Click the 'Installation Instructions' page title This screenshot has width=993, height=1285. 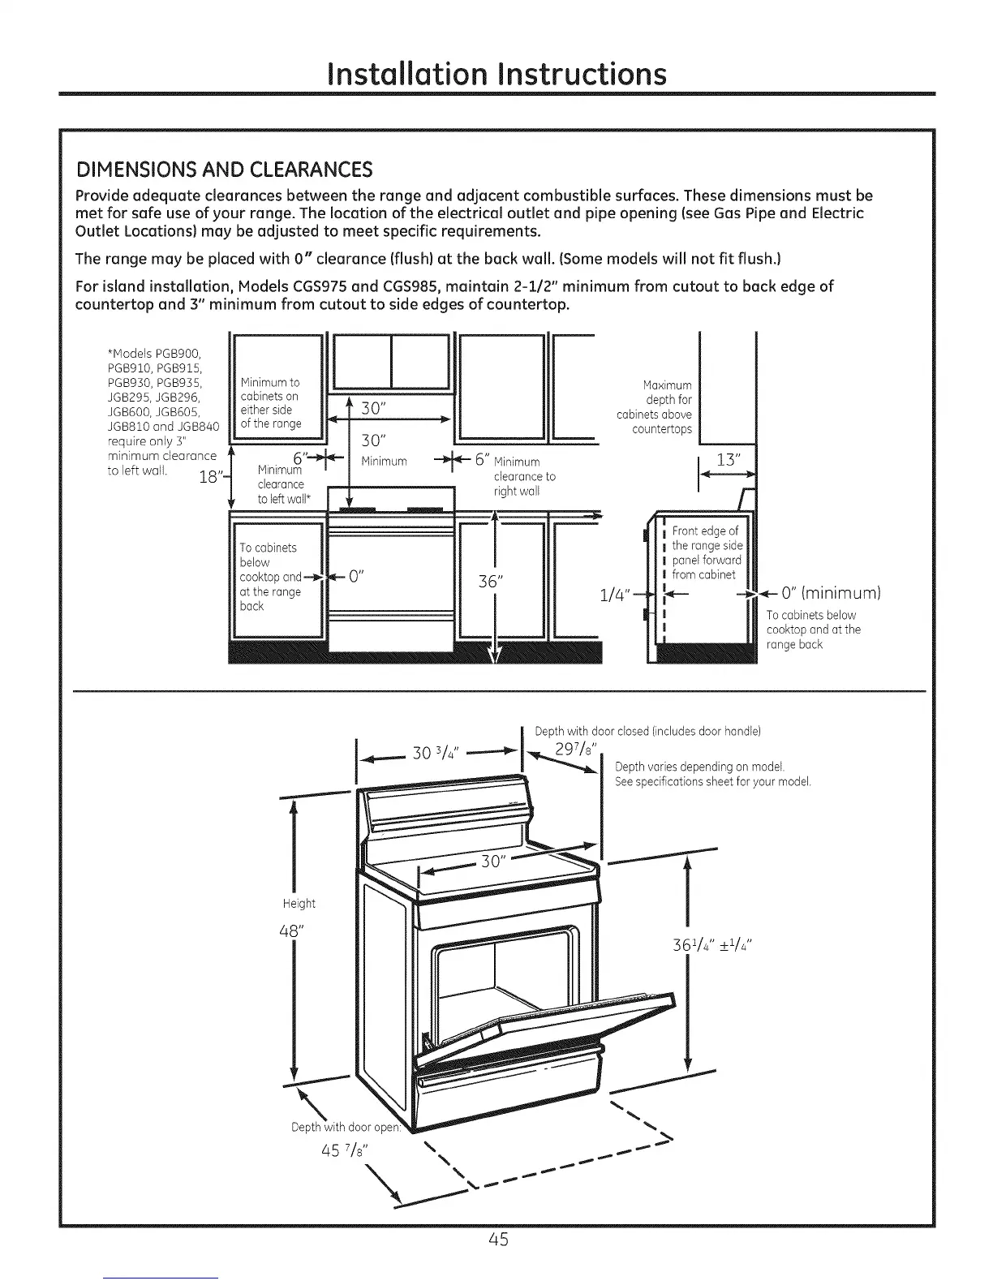pyautogui.click(x=496, y=73)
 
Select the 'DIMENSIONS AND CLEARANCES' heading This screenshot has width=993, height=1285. pyautogui.click(x=223, y=170)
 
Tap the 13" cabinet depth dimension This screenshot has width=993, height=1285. pyautogui.click(x=727, y=460)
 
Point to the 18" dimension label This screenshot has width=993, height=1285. pyautogui.click(x=209, y=476)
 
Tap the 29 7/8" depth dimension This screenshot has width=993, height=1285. pyautogui.click(x=576, y=748)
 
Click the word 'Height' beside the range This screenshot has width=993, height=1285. pyautogui.click(x=299, y=904)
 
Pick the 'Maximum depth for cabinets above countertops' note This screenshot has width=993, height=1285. pyautogui.click(x=655, y=407)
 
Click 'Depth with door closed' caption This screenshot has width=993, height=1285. pyautogui.click(x=647, y=731)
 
